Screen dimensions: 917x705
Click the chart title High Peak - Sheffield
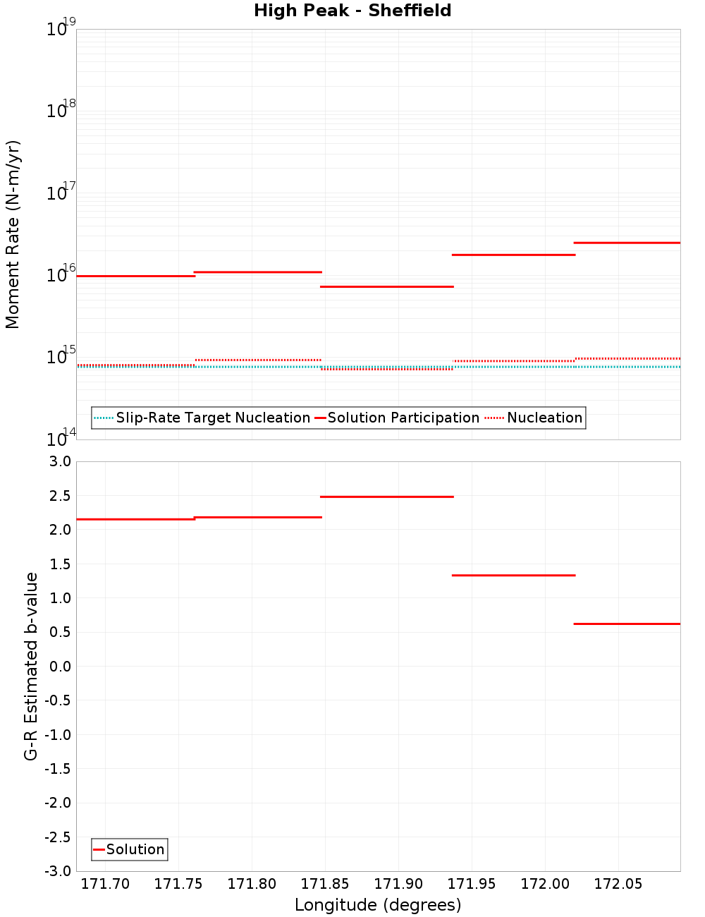click(352, 11)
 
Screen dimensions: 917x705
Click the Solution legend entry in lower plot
click(135, 849)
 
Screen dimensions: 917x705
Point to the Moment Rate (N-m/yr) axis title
click(13, 234)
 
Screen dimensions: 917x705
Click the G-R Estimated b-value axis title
click(31, 667)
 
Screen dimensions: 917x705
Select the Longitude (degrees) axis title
click(378, 905)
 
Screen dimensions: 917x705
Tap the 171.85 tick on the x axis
click(325, 884)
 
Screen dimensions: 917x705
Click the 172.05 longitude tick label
click(618, 884)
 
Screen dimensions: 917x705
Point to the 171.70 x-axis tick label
click(106, 884)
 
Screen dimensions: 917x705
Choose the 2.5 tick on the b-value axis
click(59, 496)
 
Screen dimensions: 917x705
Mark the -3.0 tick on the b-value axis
click(57, 871)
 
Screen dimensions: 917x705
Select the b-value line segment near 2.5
click(386, 497)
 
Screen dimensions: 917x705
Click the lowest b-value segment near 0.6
click(627, 624)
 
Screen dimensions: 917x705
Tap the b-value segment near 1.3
click(513, 576)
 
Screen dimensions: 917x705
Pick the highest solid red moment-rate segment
click(627, 243)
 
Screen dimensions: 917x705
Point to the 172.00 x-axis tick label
click(545, 884)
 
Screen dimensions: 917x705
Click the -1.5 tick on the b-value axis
click(57, 769)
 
